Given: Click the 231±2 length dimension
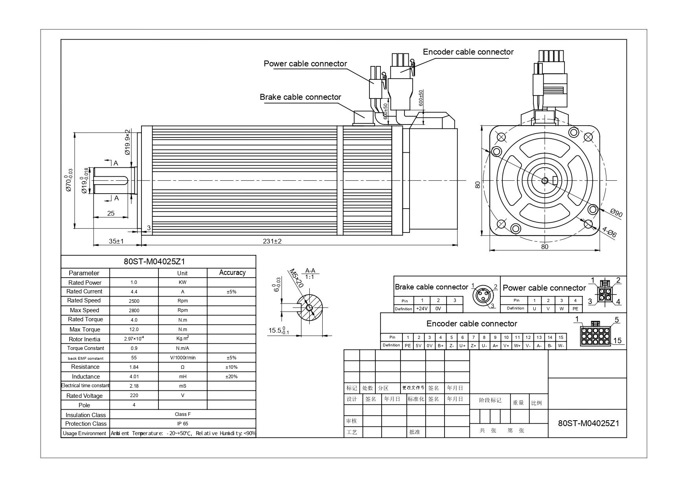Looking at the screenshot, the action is [272, 241].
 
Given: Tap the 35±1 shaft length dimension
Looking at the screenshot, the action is [116, 241].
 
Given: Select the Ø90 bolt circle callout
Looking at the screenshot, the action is [617, 213].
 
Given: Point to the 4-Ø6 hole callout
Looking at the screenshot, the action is [609, 232].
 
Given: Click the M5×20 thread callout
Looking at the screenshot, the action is [296, 278].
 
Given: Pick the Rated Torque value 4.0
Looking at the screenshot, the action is [134, 320].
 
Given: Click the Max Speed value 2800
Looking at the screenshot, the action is [134, 311].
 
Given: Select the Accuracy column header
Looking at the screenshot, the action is [232, 273].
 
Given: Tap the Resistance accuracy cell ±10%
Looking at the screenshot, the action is [231, 367].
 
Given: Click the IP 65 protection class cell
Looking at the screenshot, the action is [183, 424].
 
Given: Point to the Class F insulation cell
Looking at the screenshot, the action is [183, 414].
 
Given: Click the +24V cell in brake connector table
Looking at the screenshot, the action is [422, 309].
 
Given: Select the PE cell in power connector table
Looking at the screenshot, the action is [575, 309].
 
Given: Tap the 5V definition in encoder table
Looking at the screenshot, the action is [419, 346].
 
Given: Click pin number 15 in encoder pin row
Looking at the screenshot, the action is [561, 337].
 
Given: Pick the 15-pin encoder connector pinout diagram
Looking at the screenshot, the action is [595, 335].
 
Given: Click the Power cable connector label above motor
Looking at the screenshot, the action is [305, 64].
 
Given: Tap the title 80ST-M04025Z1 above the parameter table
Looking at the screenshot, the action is [154, 262].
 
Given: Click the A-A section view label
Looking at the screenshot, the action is [310, 271].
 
